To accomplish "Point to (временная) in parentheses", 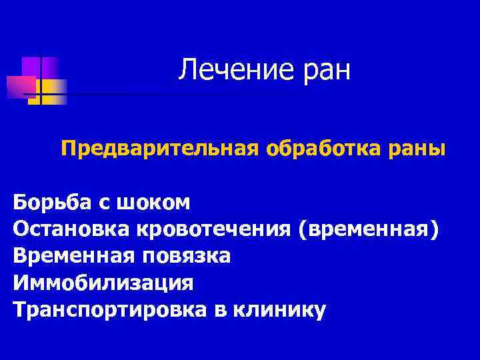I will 369,229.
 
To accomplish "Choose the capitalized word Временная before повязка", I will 70,256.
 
